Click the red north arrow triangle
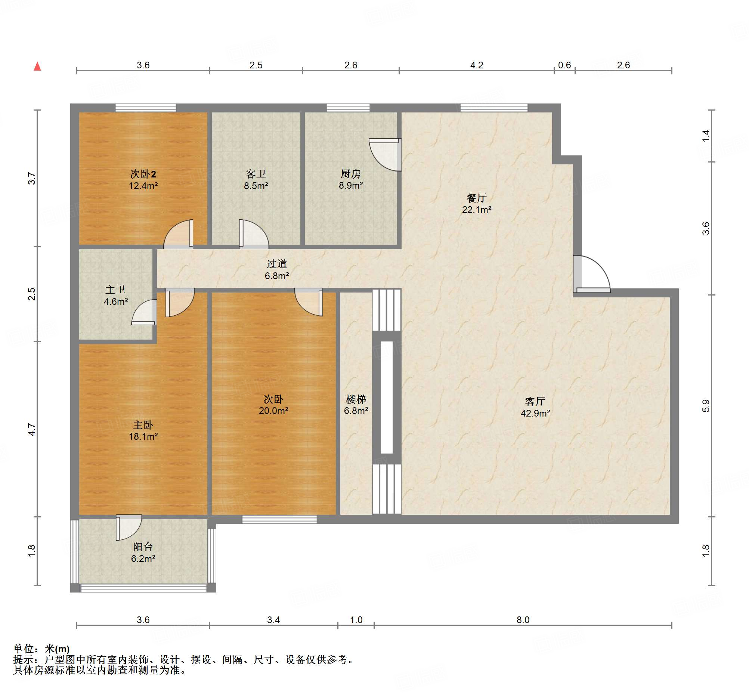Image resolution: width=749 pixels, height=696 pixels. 37,66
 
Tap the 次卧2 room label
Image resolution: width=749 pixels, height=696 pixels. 143,174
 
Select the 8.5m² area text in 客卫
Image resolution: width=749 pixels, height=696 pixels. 256,186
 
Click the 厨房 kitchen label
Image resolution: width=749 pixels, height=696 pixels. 350,174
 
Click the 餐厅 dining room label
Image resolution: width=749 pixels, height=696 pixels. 476,198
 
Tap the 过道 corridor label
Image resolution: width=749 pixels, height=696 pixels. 277,264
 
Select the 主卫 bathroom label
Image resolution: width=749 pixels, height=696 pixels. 115,290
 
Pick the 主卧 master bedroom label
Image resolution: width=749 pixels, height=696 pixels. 143,425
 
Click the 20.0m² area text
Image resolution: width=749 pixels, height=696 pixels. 273,411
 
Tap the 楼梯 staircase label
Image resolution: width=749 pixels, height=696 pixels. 356,399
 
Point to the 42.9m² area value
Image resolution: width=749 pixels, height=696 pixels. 535,413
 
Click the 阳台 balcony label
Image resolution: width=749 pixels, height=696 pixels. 143,547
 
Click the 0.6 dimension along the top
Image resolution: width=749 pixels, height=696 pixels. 564,65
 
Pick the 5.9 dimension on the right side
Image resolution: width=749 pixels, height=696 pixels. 705,406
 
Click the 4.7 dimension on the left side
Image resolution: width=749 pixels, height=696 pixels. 32,429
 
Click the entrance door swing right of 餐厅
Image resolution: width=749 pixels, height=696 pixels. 592,274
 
